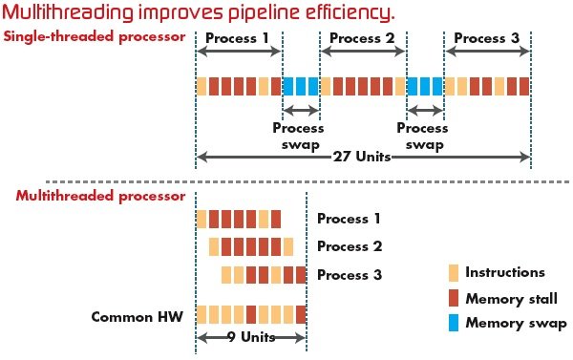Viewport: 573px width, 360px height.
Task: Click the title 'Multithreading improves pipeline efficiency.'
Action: click(x=199, y=13)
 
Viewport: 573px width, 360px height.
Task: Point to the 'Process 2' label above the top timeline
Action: click(x=363, y=39)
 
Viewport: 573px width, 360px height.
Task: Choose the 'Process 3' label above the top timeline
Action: click(x=487, y=39)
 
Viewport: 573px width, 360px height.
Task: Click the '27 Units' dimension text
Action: click(x=363, y=156)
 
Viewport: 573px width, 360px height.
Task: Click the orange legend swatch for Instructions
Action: click(x=454, y=273)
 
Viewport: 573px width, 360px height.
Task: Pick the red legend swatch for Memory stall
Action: click(x=454, y=298)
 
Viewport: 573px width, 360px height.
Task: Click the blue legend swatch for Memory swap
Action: click(x=454, y=323)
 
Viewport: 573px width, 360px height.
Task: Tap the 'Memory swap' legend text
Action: click(x=516, y=323)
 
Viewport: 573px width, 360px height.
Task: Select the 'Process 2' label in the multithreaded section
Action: click(x=350, y=246)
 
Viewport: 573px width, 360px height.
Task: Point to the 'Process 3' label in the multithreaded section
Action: click(x=350, y=275)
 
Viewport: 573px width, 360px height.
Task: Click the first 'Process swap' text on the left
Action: click(x=298, y=135)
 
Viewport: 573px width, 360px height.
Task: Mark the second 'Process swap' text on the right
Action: click(x=422, y=135)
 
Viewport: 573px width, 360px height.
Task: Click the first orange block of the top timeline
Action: click(x=202, y=86)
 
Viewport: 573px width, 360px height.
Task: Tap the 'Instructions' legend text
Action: click(x=505, y=273)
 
